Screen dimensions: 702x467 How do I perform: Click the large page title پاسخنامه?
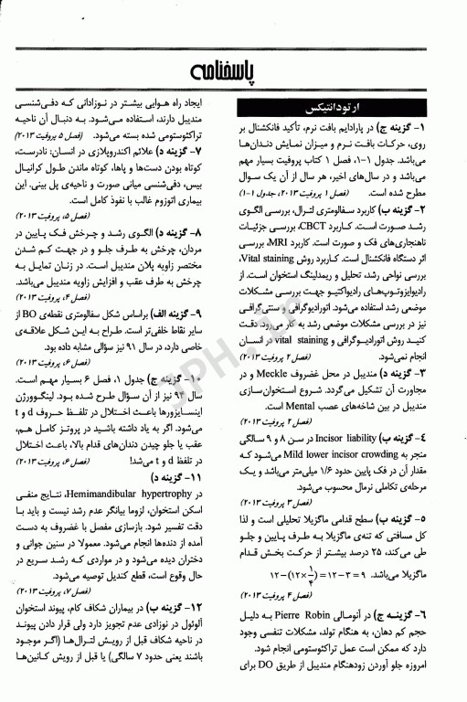(x=233, y=71)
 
